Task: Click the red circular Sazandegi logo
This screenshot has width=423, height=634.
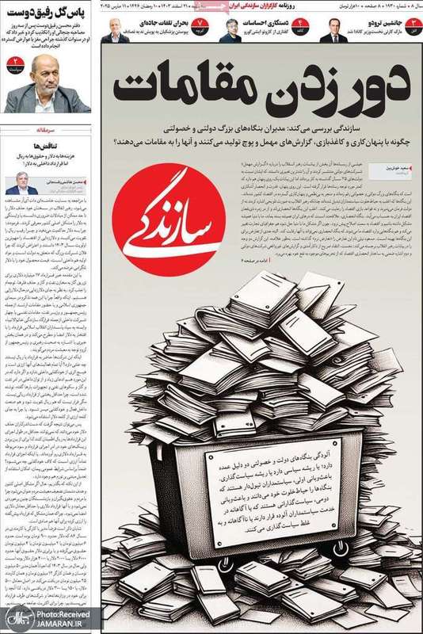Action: [165, 226]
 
